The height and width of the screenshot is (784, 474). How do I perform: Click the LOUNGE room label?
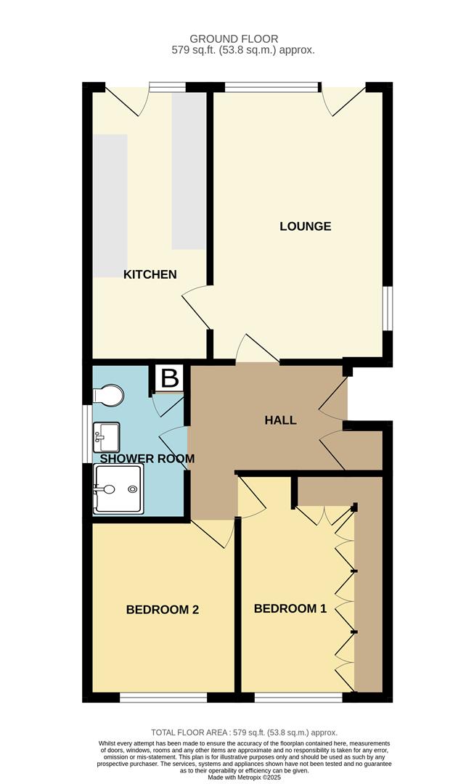pyautogui.click(x=305, y=226)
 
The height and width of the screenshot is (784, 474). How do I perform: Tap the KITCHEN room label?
pyautogui.click(x=150, y=274)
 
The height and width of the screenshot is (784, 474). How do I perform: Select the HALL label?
pyautogui.click(x=280, y=420)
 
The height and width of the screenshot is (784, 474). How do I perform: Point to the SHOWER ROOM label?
pyautogui.click(x=147, y=459)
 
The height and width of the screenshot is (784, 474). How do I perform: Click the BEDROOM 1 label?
pyautogui.click(x=290, y=609)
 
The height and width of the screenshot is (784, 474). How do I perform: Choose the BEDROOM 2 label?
pyautogui.click(x=163, y=610)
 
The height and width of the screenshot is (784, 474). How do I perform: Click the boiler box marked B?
pyautogui.click(x=170, y=378)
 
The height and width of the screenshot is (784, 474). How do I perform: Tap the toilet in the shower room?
pyautogui.click(x=108, y=395)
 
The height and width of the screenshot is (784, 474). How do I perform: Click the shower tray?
pyautogui.click(x=118, y=489)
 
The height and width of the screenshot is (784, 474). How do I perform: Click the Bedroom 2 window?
pyautogui.click(x=163, y=698)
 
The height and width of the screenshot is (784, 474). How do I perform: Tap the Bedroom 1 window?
pyautogui.click(x=298, y=698)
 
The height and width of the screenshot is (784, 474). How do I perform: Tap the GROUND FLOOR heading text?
pyautogui.click(x=234, y=38)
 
